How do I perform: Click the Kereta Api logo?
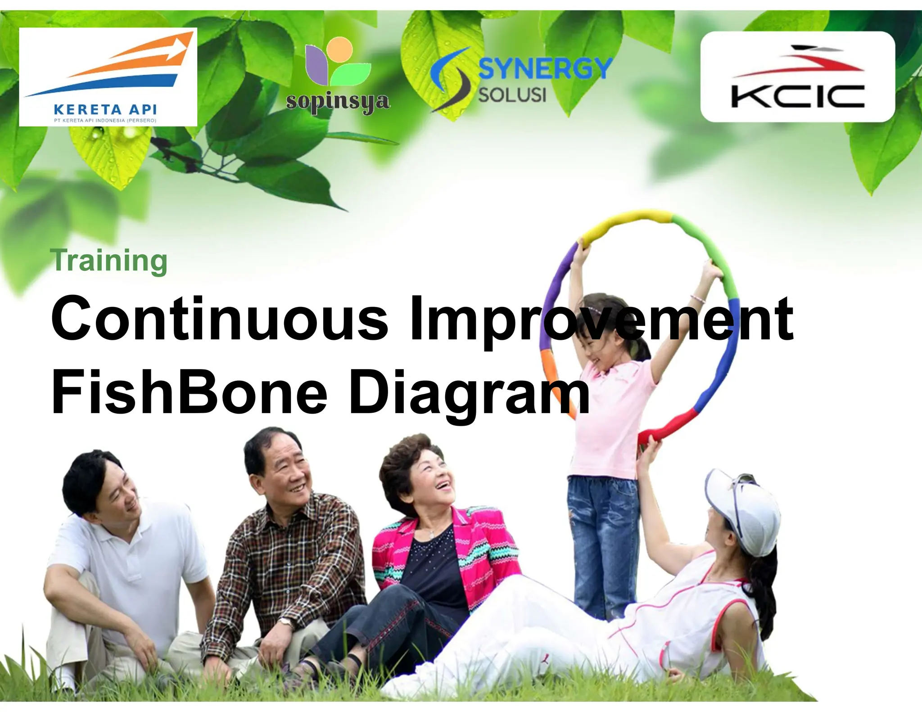[x=108, y=77]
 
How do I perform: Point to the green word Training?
[x=109, y=261]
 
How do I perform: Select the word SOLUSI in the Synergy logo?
[x=512, y=95]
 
